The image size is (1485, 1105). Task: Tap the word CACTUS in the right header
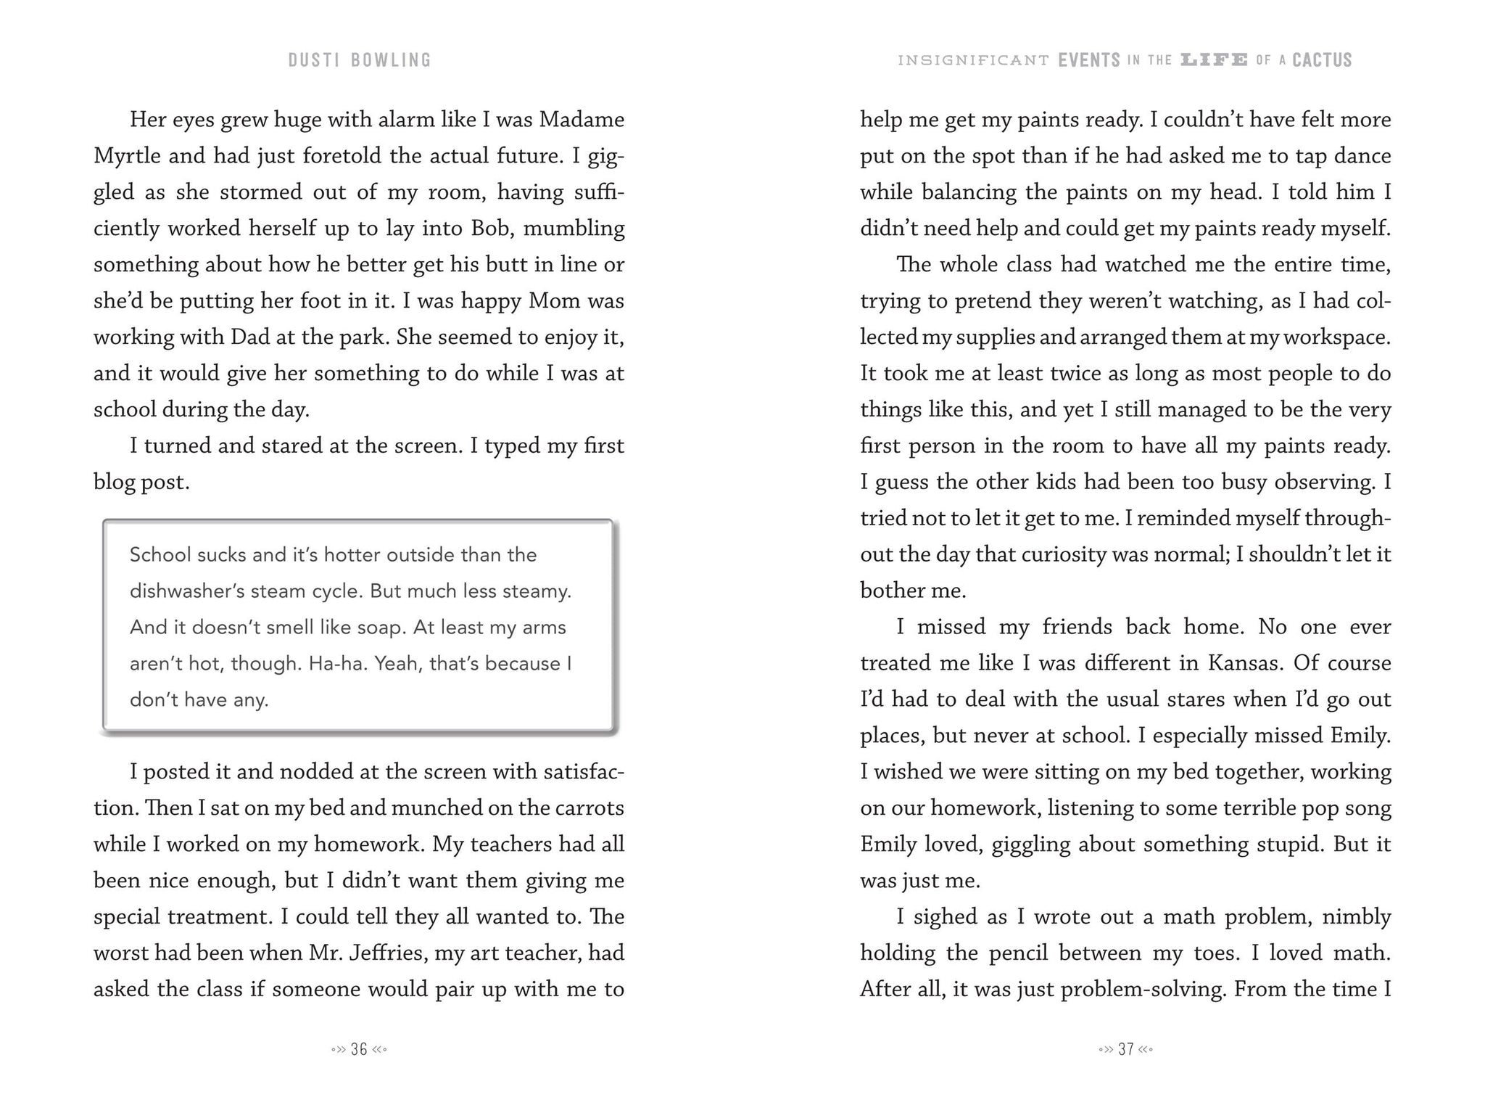1322,60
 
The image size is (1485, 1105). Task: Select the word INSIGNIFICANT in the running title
973,60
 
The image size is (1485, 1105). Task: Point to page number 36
359,1049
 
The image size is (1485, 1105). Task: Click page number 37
1126,1049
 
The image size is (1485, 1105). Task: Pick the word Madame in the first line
582,119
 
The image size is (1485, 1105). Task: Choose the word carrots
589,808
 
